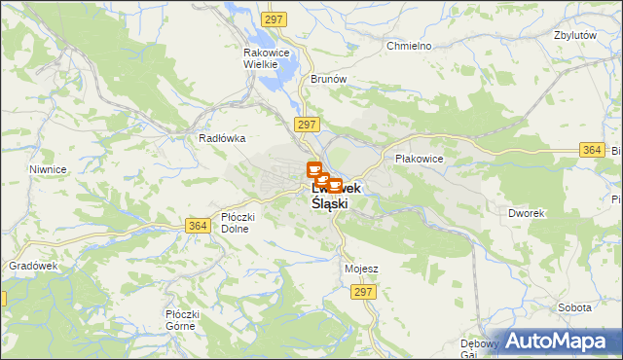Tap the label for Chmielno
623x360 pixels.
(x=409, y=46)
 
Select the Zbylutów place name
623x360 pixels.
(x=573, y=34)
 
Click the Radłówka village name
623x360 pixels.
(x=220, y=138)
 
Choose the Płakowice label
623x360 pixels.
(x=419, y=158)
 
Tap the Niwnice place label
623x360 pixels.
(x=48, y=168)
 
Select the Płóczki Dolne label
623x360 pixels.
(x=237, y=223)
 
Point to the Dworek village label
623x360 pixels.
(x=525, y=212)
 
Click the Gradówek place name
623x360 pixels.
(x=34, y=266)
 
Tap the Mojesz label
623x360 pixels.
(x=361, y=268)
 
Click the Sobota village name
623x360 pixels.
(x=574, y=306)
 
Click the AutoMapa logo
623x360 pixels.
(x=563, y=340)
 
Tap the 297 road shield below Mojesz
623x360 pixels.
(x=364, y=292)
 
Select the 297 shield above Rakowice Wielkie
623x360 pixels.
(x=274, y=20)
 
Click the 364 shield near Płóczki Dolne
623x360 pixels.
(x=198, y=226)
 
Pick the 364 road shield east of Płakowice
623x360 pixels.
(x=591, y=149)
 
